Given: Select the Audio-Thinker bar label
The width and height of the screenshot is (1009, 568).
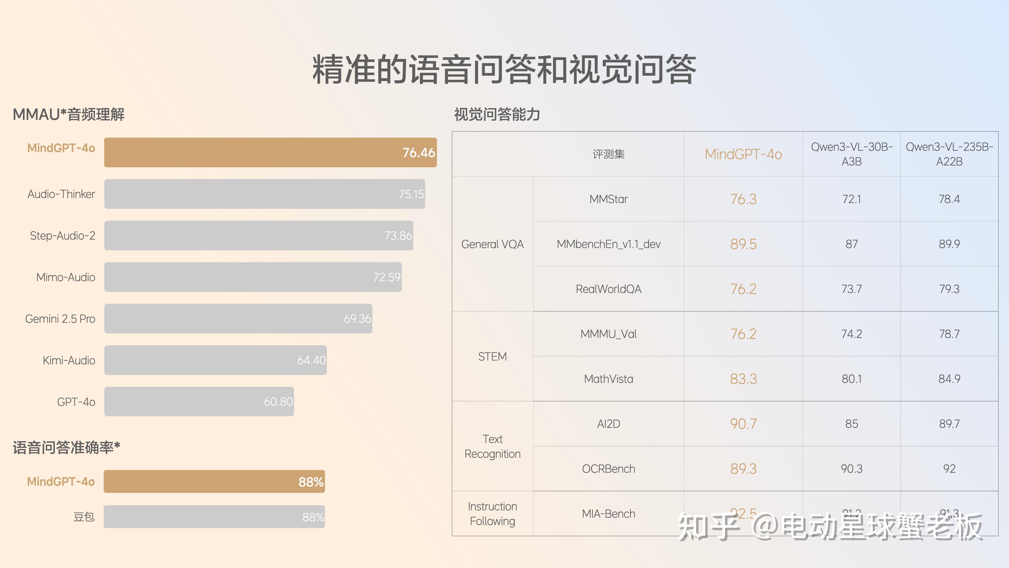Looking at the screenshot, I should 61,194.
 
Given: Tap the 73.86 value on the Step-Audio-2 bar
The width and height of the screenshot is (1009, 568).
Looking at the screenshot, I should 398,236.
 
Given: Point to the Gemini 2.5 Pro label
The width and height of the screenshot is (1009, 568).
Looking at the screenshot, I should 60,319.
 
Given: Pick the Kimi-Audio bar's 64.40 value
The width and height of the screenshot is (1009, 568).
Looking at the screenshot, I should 311,360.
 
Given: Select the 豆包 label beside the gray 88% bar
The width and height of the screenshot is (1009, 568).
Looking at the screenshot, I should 84,517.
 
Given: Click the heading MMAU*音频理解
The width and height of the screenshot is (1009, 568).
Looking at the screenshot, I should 69,114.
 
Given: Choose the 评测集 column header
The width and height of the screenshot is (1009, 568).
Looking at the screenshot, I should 608,154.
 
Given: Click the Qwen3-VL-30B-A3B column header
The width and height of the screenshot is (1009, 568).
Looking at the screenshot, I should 852,154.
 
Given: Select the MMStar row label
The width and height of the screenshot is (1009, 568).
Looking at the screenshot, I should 608,199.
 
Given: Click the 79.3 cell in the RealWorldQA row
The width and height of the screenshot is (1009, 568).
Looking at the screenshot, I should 949,289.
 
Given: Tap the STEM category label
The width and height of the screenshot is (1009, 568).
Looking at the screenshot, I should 492,356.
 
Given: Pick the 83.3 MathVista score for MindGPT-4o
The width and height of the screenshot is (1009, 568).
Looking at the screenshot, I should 743,379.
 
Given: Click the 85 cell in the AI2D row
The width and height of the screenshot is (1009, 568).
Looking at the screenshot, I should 852,424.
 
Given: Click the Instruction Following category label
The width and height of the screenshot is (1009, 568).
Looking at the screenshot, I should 492,514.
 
